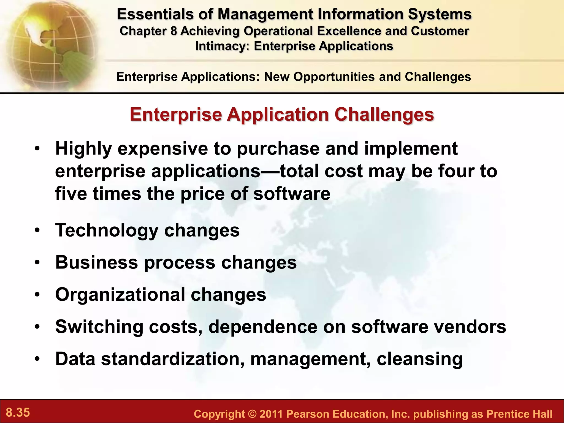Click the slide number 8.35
pyautogui.click(x=18, y=413)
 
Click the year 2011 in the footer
pyautogui.click(x=271, y=414)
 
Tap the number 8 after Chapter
pyautogui.click(x=173, y=31)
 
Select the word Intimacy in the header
pyautogui.click(x=222, y=46)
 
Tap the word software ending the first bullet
pyautogui.click(x=292, y=194)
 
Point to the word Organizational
pyautogui.click(x=120, y=295)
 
